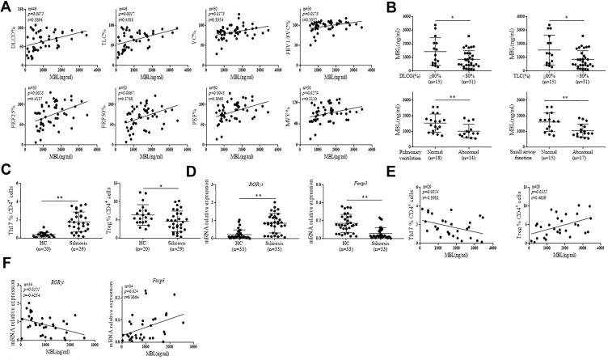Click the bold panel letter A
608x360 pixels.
coord(5,6)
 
